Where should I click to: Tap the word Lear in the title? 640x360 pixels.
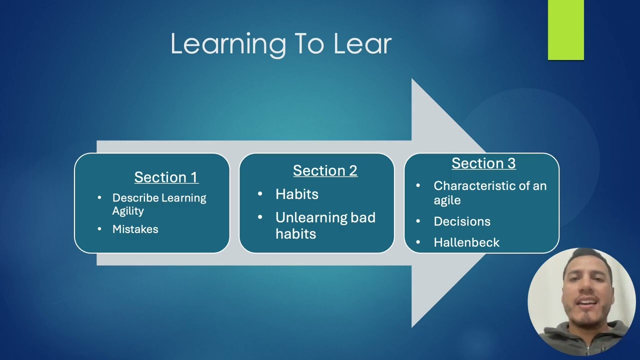362,44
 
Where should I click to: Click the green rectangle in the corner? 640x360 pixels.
565,29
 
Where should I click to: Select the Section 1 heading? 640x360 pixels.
166,177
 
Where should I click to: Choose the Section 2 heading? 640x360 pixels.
325,170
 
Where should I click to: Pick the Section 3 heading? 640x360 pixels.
483,163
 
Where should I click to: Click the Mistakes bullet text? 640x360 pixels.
135,229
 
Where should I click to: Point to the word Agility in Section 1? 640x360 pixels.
128,211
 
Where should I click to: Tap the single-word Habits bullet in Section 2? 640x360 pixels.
296,194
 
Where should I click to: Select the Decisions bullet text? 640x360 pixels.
462,221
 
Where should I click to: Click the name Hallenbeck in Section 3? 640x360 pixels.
466,242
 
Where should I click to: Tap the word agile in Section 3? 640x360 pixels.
447,200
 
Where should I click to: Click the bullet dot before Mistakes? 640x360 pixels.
100,229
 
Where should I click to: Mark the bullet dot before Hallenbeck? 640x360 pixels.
418,242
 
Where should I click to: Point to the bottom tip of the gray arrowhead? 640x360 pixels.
412,326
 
